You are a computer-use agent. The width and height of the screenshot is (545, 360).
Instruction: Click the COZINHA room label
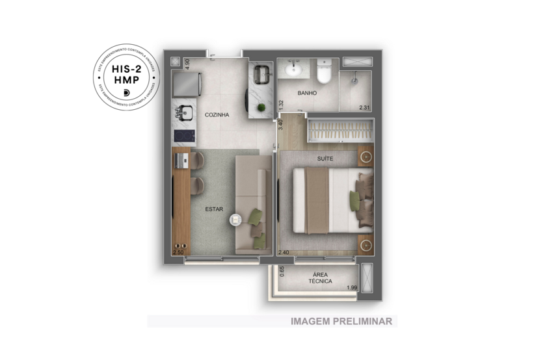pos(217,115)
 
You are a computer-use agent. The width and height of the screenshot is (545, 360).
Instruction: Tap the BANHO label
pos(307,93)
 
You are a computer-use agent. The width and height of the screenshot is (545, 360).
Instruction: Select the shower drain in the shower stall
pos(355,81)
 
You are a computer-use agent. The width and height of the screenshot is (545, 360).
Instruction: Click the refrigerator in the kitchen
pos(187,83)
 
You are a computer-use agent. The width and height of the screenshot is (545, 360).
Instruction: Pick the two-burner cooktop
pos(183,135)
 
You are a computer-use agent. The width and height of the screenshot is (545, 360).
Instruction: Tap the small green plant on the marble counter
pos(260,109)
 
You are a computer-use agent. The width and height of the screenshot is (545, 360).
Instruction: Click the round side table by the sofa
pos(234,221)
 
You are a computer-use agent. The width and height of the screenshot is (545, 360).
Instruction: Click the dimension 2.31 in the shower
pos(365,107)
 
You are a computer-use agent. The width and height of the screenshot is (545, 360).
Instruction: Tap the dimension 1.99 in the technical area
pos(352,288)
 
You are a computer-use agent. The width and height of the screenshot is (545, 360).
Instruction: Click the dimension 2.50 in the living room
pos(178,252)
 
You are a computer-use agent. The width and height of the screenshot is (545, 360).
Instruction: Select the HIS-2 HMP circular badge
pos(127,77)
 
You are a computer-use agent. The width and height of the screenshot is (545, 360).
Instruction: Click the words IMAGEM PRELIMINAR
pos(341,321)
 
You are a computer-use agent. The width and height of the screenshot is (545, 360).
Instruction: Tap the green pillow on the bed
pos(357,201)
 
